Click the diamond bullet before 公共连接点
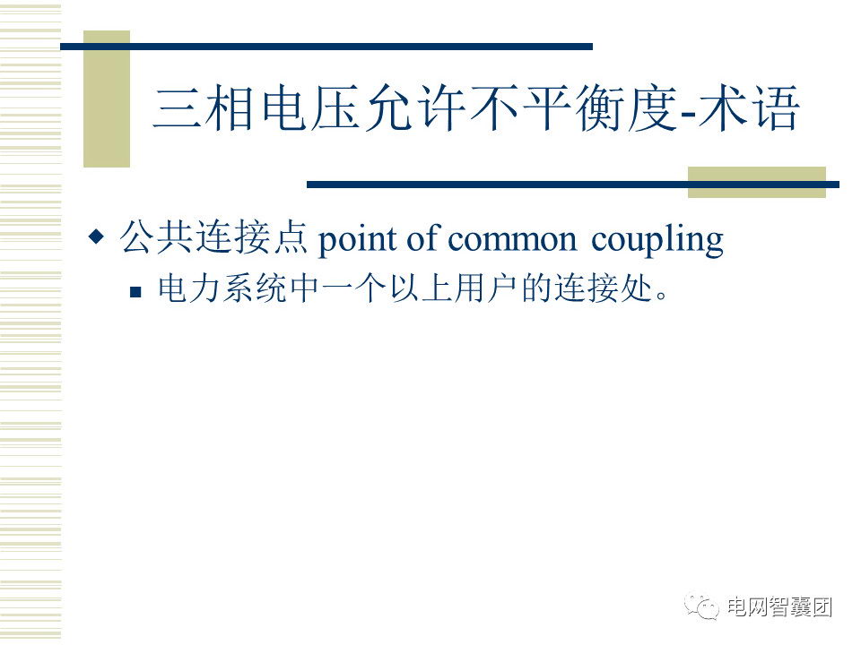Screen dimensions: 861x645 [96, 236]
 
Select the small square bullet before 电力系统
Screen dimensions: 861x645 [135, 291]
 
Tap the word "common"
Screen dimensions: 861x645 [512, 240]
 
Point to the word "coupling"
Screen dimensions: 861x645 [657, 240]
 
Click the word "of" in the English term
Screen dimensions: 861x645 [423, 238]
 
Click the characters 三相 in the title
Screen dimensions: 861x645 [204, 107]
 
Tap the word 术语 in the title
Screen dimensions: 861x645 [748, 107]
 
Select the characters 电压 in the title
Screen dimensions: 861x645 [309, 107]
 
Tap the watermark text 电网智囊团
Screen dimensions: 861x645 [779, 606]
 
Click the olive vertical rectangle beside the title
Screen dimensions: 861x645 [107, 99]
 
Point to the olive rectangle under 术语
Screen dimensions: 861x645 [757, 182]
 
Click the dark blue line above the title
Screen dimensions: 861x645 [326, 47]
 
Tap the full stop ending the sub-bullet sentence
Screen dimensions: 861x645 [662, 297]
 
